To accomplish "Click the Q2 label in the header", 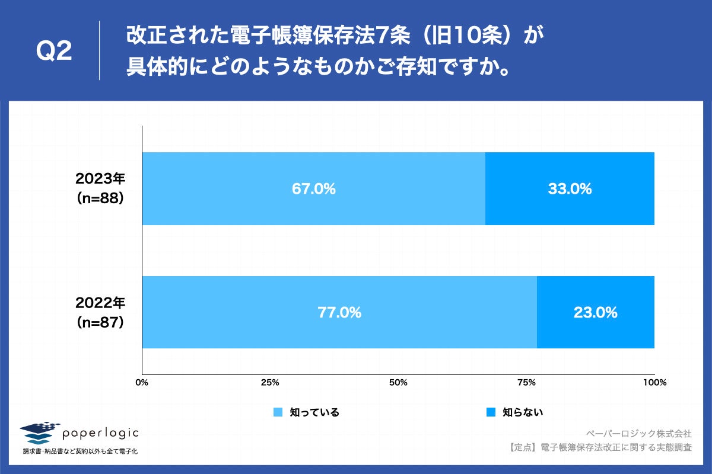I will tap(54, 52).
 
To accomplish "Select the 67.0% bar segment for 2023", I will tap(313, 189).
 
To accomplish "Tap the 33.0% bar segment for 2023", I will tap(570, 189).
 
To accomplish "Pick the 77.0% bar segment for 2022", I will tap(339, 312).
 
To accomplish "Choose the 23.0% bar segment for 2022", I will tap(595, 312).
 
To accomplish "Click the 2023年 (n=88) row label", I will tap(100, 189).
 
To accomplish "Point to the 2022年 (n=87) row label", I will tap(100, 312).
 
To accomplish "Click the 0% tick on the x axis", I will tap(142, 383).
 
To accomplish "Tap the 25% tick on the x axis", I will tap(270, 383).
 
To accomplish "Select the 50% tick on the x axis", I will tap(398, 383).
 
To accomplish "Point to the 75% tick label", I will tap(526, 383).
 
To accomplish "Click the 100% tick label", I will tap(654, 383).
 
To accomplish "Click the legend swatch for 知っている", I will tap(277, 412).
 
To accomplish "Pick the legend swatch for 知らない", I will tap(490, 412).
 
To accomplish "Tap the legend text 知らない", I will tap(523, 412).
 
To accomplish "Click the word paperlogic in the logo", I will tap(100, 434).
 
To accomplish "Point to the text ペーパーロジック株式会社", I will tap(638, 433).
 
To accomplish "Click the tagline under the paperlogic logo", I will tap(80, 451).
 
